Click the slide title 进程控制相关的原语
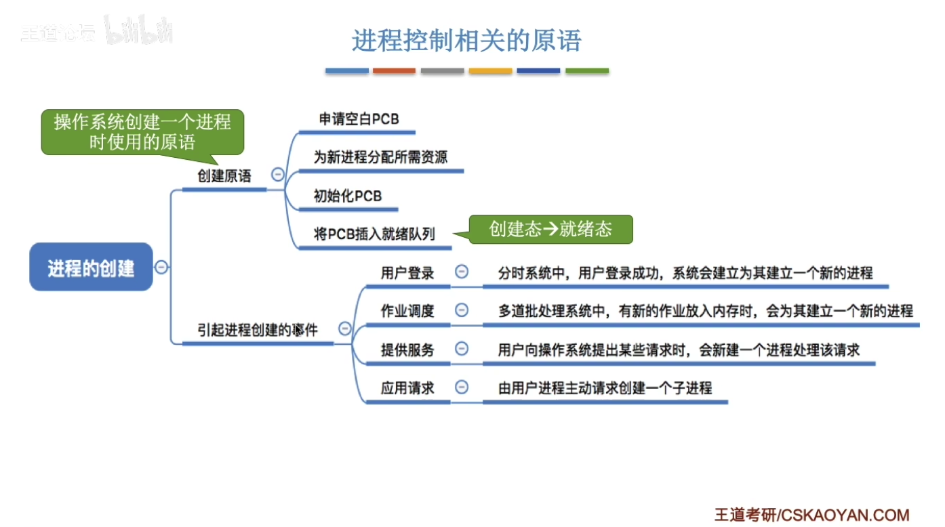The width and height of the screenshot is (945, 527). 466,41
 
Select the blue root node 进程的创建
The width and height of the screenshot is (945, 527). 91,268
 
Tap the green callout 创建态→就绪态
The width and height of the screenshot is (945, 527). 550,230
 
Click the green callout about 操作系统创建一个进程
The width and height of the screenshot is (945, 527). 142,131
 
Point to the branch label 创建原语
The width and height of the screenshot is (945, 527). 224,176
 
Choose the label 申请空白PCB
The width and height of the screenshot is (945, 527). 359,119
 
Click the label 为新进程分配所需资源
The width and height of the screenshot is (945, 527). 380,157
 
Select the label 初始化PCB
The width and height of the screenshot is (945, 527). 348,196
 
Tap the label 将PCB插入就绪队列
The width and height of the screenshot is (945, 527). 374,234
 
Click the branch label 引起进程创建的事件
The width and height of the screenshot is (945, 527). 258,330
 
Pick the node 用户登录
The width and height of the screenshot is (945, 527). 407,273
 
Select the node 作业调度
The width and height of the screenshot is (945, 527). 407,311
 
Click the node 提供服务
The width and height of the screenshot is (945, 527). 407,350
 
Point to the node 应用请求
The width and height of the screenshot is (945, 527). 407,388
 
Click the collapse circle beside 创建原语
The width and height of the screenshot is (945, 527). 277,175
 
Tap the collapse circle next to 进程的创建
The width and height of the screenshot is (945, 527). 161,267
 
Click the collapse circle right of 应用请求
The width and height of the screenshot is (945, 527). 462,387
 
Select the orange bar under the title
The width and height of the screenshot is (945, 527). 394,70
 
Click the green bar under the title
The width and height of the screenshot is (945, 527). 587,70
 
